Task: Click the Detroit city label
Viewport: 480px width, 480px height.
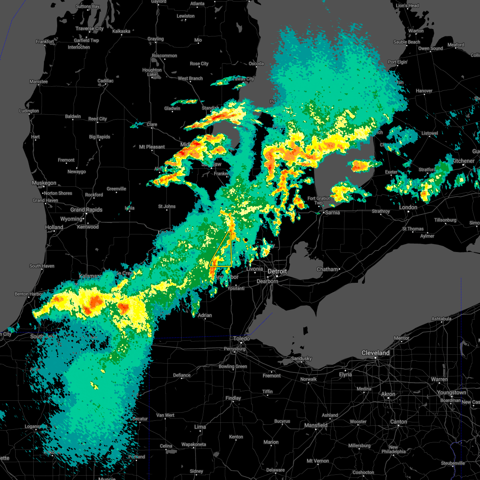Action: pos(277,271)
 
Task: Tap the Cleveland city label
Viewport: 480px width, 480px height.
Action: pos(375,353)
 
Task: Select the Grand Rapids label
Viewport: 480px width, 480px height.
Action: pos(86,210)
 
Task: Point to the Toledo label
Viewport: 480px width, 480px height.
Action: pos(242,338)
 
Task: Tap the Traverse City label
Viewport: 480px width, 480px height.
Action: pos(89,28)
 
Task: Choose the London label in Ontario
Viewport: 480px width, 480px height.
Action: pos(408,207)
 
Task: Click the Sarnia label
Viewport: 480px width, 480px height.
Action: pos(332,212)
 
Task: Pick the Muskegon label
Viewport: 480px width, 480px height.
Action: pos(44,183)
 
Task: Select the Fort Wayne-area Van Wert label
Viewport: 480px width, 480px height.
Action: pos(165,415)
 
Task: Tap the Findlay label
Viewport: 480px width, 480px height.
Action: pos(233,398)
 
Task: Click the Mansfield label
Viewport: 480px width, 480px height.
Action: pos(316,425)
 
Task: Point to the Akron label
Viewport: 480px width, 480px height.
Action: pos(388,394)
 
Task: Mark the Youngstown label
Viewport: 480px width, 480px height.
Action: pos(451,392)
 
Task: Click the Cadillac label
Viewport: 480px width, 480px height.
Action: pos(106,81)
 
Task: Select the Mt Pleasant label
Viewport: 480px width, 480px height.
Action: pos(152,147)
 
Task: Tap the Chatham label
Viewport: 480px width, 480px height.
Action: pos(327,269)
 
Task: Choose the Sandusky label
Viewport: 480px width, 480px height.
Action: pos(301,358)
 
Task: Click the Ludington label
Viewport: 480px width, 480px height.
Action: pos(29,111)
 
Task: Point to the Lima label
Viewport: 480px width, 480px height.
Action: pos(200,427)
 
